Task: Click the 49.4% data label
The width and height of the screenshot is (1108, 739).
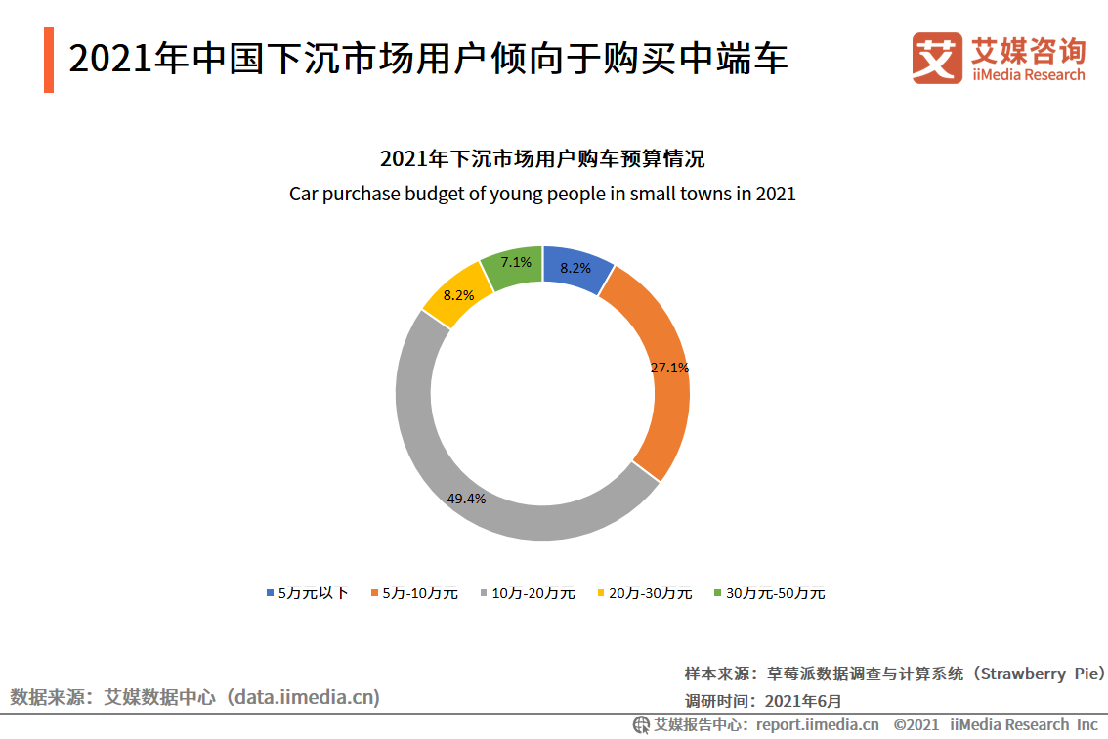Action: coord(466,499)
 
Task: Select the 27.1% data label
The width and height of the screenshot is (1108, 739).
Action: coord(669,369)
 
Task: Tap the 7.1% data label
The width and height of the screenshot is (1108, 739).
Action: coord(516,262)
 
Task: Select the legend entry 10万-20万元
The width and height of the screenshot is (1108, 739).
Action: coord(533,593)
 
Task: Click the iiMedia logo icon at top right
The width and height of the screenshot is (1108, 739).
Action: coord(936,58)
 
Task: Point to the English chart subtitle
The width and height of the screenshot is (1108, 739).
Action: coord(542,194)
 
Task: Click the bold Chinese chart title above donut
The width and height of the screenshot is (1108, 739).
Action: coord(542,158)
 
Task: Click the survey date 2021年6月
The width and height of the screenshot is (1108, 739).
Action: coord(802,700)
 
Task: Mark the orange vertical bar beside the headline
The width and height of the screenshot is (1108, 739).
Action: coord(49,61)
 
